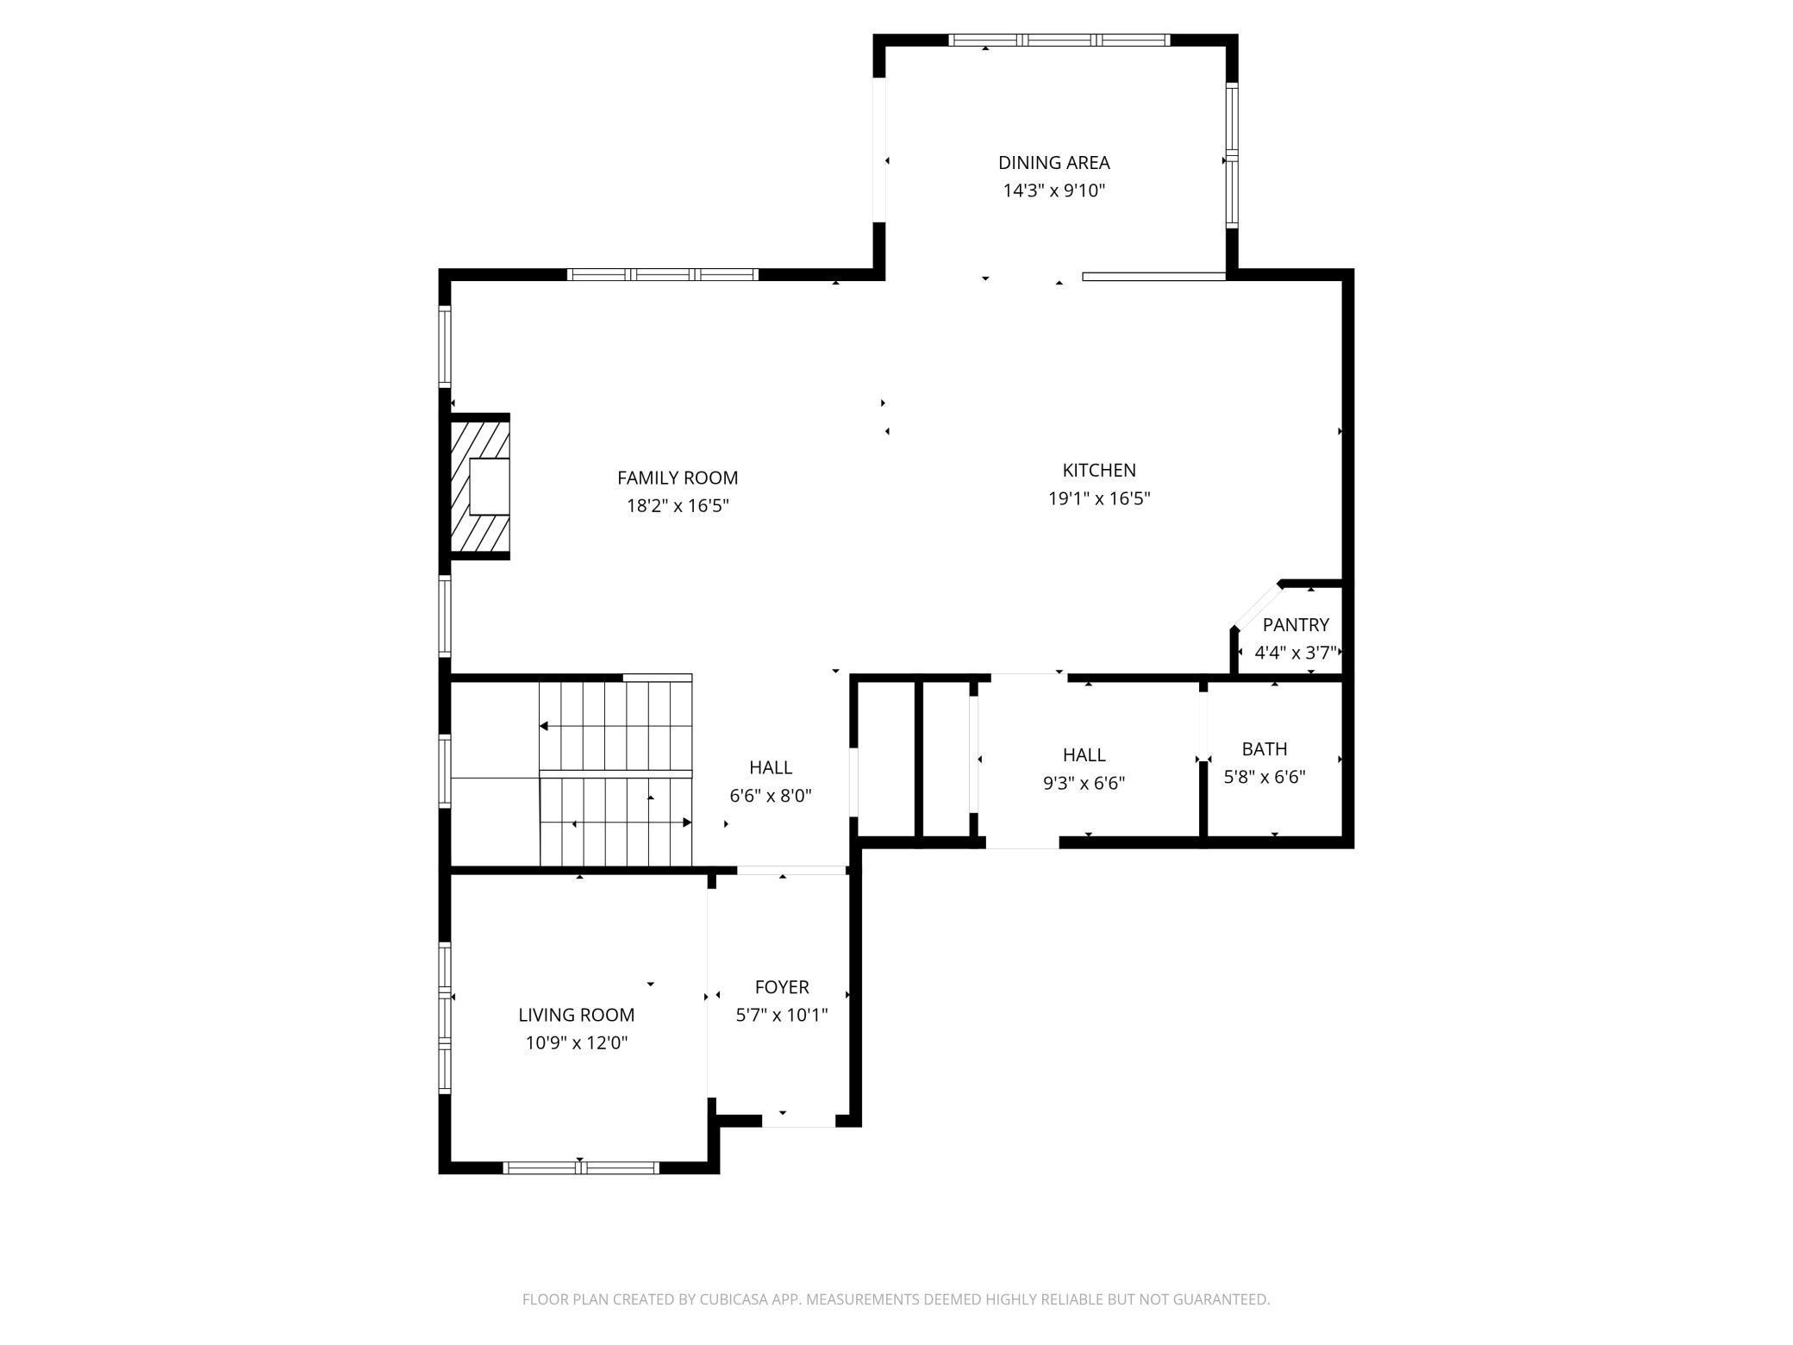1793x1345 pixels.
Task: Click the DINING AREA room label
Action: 1053,162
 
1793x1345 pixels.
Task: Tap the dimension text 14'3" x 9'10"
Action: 1053,191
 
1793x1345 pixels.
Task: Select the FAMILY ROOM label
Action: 678,478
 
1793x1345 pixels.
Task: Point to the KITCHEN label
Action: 1099,470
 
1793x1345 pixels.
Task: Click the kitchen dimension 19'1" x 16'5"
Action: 1099,498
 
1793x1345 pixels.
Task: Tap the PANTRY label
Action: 1296,624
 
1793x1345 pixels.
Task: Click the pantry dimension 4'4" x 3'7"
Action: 1296,653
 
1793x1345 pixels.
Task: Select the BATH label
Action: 1265,748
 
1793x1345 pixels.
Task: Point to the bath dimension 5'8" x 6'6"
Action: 1265,777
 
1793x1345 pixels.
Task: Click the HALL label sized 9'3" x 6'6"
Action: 1084,754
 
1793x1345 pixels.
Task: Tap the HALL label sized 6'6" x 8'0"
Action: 771,767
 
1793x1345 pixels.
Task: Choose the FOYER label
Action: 782,986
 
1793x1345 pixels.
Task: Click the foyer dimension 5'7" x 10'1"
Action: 782,1015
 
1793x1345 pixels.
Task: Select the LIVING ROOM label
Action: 576,1015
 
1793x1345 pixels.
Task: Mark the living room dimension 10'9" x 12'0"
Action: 576,1043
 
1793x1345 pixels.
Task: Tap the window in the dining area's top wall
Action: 1059,40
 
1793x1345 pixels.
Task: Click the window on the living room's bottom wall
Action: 581,1167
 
